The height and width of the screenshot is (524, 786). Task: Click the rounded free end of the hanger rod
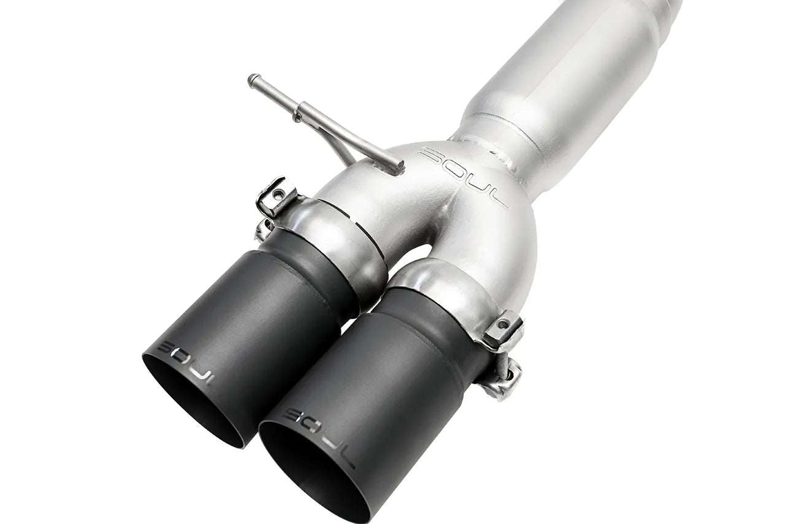(251, 79)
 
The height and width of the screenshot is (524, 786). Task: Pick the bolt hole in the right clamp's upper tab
(504, 323)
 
